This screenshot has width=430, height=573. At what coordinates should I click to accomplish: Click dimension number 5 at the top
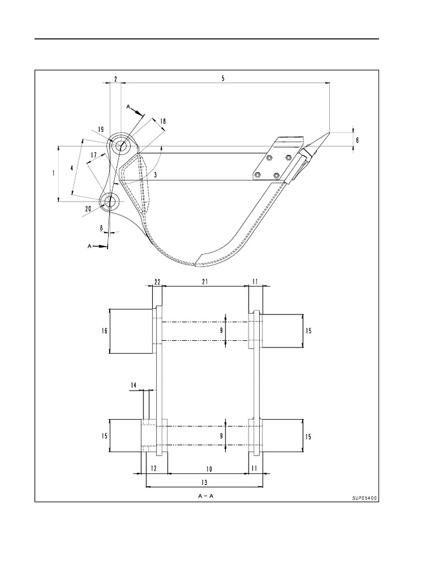pos(223,78)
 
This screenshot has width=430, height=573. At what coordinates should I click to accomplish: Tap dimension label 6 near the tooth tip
pos(357,140)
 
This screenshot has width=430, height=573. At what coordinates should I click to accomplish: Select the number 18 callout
pos(163,121)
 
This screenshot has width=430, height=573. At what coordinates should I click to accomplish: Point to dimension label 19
pos(101,129)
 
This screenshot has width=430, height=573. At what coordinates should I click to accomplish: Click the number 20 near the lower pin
pos(88,209)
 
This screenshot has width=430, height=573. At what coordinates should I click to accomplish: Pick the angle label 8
pos(101,228)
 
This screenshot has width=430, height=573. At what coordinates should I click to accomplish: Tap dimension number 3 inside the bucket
pos(156,175)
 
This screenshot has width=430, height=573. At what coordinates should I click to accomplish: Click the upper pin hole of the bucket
pos(121,146)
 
